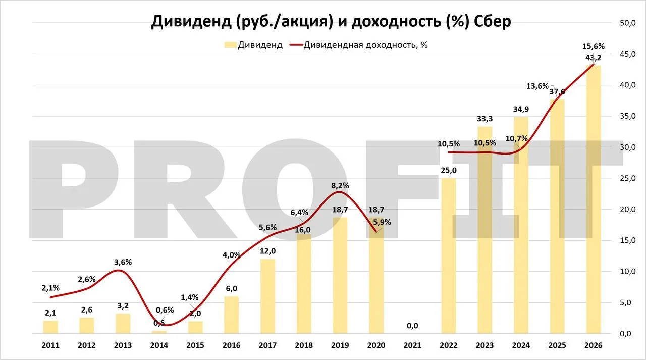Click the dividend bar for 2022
tap(449, 255)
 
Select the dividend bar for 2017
tap(267, 296)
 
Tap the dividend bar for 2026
tap(594, 199)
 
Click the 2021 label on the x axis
tap(412, 345)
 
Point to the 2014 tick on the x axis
tap(159, 345)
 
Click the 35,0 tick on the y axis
tap(628, 116)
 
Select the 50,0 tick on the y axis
tap(628, 23)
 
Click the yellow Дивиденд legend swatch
tap(230, 45)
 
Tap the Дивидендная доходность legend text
tap(366, 45)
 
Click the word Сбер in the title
tap(493, 21)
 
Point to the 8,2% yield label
tap(340, 186)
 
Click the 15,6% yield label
tap(594, 46)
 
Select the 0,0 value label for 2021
tap(412, 326)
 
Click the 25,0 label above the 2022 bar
tap(449, 171)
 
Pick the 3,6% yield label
tap(123, 262)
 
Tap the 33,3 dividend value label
tap(485, 119)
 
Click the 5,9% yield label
tap(382, 222)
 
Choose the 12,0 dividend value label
tap(267, 251)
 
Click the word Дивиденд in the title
tap(191, 21)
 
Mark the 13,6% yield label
tap(537, 86)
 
